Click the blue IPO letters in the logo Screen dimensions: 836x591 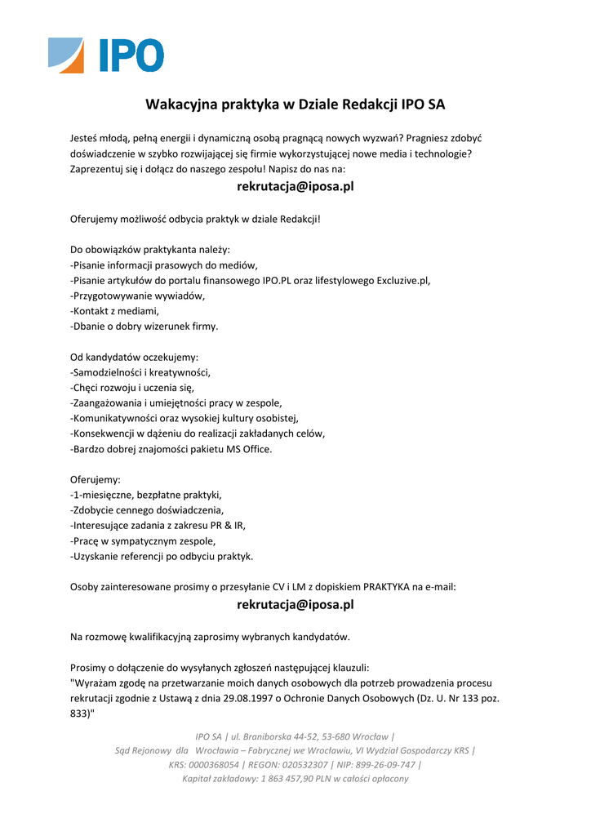coord(131,56)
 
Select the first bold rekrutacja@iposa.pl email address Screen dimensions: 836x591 coord(295,187)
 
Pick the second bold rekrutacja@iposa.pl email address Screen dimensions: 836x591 coord(295,605)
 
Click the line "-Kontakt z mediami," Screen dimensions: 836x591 coord(114,311)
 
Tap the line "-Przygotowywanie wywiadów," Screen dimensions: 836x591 coord(137,296)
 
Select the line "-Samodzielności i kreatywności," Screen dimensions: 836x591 coord(140,372)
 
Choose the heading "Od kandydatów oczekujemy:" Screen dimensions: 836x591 coord(134,357)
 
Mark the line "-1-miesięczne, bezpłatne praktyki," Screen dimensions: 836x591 coord(146,495)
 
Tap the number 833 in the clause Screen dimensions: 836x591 coord(80,714)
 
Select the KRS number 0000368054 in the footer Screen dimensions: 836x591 coord(215,765)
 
